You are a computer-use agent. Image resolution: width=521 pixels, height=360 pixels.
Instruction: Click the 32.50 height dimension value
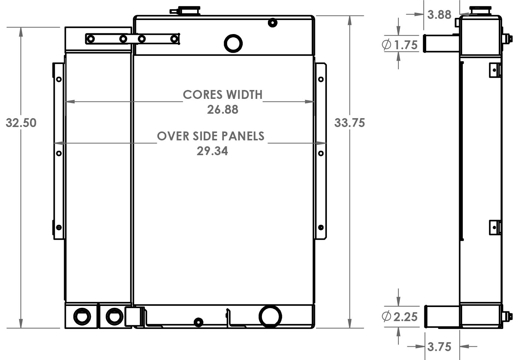pos(21,123)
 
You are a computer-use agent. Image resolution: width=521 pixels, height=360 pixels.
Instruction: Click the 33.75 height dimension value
pos(349,123)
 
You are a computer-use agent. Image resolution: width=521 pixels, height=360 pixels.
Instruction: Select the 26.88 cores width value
pos(222,110)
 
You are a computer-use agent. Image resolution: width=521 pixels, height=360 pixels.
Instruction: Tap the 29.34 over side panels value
pos(212,151)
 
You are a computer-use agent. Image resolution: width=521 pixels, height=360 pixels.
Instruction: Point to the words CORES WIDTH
pos(223,95)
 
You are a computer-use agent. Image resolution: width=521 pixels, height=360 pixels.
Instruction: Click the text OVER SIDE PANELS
pos(210,136)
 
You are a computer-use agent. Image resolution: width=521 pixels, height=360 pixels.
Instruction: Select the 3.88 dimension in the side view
pos(439,15)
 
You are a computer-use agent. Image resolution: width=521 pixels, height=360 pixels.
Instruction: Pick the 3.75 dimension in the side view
pos(439,347)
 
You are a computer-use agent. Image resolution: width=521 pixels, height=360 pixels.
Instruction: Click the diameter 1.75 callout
pos(400,45)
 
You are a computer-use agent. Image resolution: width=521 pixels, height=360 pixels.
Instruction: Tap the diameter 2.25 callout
pos(400,317)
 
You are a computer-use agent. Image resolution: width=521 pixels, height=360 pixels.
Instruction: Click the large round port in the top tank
pos(233,43)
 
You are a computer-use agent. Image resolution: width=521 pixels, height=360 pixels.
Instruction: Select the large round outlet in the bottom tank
pos(270,317)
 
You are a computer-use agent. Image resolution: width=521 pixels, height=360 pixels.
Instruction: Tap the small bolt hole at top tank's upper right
pos(272,23)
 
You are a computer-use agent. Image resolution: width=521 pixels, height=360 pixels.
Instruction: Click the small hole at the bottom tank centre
pos(199,321)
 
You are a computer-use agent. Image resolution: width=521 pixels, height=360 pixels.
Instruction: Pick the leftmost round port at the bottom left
pos(82,316)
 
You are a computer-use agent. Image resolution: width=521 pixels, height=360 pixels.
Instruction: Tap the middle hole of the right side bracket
pos(321,153)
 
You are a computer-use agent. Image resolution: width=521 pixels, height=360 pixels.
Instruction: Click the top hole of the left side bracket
pos(59,79)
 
